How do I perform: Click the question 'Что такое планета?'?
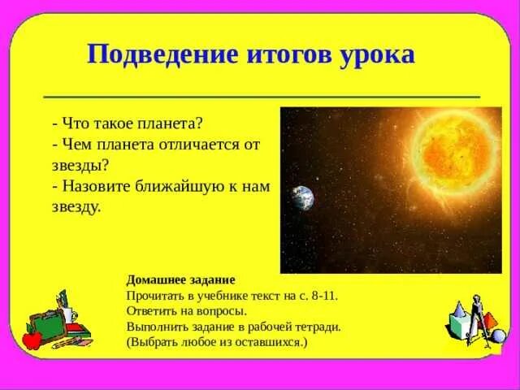click(x=125, y=123)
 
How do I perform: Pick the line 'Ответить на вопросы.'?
click(x=186, y=311)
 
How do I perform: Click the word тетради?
click(x=319, y=327)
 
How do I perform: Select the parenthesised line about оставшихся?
click(x=217, y=342)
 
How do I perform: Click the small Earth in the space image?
click(x=302, y=197)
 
